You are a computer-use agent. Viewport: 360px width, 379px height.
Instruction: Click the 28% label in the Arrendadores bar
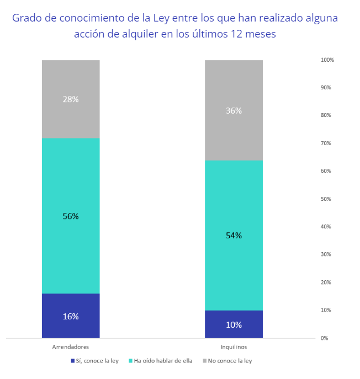(x=71, y=99)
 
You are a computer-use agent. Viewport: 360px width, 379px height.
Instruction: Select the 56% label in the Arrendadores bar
(x=71, y=216)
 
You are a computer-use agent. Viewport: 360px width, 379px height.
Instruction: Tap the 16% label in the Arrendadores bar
(x=71, y=316)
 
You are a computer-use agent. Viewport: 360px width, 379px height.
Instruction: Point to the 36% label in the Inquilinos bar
(x=234, y=110)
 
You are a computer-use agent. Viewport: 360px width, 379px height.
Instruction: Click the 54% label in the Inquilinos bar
(x=234, y=236)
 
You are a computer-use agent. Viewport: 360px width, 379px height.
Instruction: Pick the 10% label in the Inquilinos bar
(x=234, y=324)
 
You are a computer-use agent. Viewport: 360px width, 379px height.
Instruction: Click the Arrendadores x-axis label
(x=71, y=347)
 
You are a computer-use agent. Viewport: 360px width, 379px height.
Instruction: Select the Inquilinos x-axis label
(x=234, y=347)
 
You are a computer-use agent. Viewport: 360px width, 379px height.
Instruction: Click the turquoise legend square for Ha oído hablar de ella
(x=131, y=361)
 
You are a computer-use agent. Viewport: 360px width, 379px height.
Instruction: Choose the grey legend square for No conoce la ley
(x=205, y=361)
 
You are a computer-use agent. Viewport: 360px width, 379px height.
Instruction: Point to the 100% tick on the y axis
(x=327, y=60)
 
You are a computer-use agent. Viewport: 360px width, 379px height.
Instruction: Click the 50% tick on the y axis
(x=326, y=199)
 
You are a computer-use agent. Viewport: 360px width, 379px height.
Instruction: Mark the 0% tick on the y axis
(x=325, y=338)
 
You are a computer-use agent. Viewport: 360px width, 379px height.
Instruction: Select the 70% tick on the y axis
(x=326, y=143)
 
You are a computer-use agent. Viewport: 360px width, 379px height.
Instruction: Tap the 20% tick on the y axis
(x=326, y=282)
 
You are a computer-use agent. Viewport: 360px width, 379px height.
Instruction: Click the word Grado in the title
(x=27, y=18)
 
